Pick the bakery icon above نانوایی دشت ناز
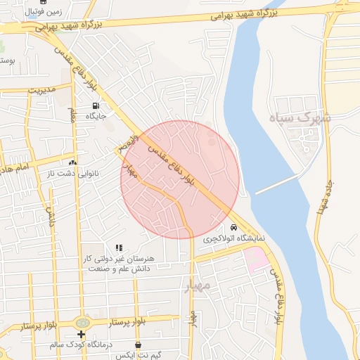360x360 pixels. [x=72, y=162]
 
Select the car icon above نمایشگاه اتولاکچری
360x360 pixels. [x=233, y=227]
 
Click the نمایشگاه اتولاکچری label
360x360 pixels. [x=234, y=238]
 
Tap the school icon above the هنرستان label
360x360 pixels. [x=119, y=247]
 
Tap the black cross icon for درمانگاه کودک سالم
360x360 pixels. [x=82, y=335]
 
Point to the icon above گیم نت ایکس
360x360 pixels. [x=137, y=345]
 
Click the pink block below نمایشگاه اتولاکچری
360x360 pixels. [x=257, y=259]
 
